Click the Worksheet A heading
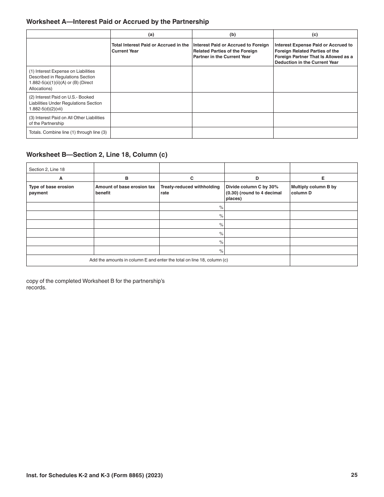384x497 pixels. tap(117, 22)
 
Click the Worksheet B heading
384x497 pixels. tap(97, 154)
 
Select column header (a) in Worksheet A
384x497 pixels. tap(151, 34)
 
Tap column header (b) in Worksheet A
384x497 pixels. tap(232, 34)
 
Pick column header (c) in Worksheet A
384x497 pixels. tap(315, 34)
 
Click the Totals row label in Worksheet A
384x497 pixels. tap(68, 133)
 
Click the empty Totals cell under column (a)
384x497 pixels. tap(151, 133)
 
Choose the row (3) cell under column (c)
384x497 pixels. tap(315, 120)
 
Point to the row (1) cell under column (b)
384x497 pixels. tap(232, 79)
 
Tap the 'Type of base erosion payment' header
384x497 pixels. tap(51, 190)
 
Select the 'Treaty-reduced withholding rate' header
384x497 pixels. tap(190, 190)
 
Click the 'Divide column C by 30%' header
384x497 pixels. tap(254, 192)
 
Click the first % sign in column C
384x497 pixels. tap(221, 207)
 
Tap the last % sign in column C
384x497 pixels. tap(221, 251)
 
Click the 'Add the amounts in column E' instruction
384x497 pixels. tap(158, 260)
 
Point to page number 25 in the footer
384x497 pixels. tap(354, 475)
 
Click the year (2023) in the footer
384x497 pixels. tap(155, 476)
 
